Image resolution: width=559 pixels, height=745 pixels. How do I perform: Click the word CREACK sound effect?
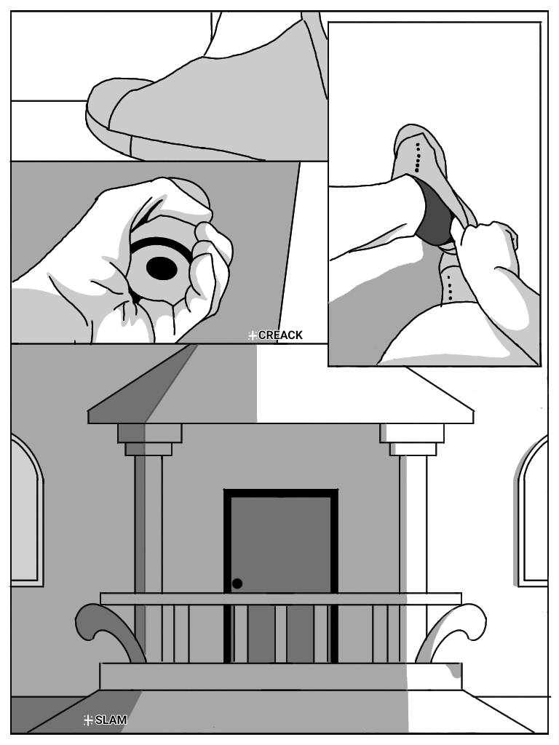tap(280, 335)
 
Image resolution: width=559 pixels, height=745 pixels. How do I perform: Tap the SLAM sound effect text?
tap(111, 720)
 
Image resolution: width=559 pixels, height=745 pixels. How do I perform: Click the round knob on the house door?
tap(237, 583)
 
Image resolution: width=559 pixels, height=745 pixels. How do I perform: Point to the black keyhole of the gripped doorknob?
tap(162, 268)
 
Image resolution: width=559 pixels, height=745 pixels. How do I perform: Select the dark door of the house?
tap(280, 575)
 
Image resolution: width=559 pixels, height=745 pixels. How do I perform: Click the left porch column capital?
tap(149, 440)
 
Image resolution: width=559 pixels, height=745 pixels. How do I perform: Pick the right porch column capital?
tap(412, 440)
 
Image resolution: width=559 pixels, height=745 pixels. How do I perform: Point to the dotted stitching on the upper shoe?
tap(417, 157)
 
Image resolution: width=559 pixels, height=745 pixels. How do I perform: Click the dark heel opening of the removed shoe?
tap(434, 214)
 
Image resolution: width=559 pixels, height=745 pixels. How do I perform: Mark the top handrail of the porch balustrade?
tap(280, 599)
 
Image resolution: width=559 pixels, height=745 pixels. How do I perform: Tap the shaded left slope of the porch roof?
tap(143, 385)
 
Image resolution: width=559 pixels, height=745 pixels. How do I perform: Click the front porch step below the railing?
tap(280, 677)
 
